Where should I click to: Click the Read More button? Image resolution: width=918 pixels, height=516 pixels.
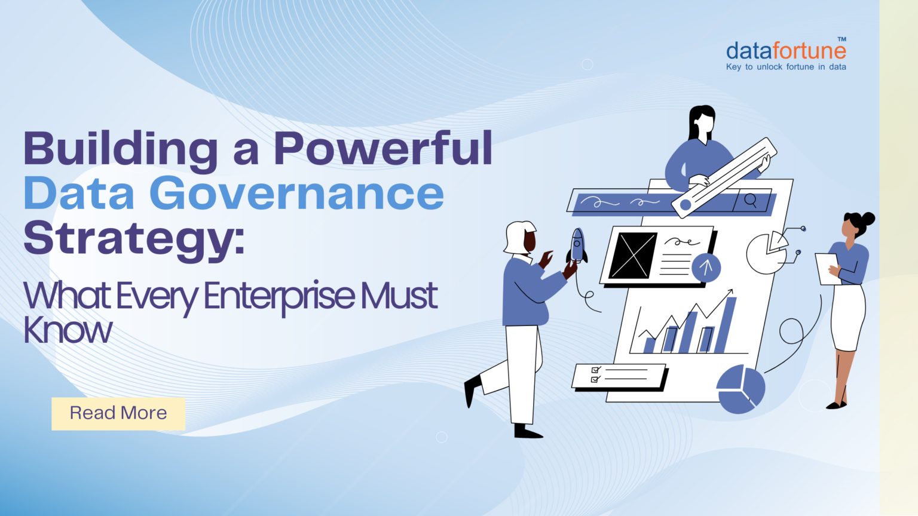click(x=118, y=413)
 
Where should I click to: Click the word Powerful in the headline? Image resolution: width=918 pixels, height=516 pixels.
click(x=382, y=148)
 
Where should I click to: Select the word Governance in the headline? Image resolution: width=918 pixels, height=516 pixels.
click(x=296, y=193)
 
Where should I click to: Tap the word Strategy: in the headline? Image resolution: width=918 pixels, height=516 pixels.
click(x=134, y=239)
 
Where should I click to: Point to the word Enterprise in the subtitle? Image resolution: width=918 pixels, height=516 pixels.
click(x=279, y=296)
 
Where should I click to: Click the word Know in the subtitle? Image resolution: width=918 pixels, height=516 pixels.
click(x=68, y=330)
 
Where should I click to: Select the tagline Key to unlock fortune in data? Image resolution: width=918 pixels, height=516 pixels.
click(x=786, y=67)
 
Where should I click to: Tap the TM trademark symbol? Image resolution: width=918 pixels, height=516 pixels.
click(x=841, y=39)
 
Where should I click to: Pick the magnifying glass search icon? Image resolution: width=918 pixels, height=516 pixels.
click(x=751, y=200)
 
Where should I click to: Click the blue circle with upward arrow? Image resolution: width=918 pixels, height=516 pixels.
click(x=706, y=268)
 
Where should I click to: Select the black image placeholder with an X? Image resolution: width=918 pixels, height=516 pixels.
click(x=633, y=256)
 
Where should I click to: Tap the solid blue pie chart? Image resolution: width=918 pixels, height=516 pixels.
click(x=740, y=389)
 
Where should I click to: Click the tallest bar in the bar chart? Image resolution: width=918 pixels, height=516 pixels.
click(x=725, y=325)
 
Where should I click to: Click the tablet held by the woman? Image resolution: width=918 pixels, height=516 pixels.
click(x=827, y=269)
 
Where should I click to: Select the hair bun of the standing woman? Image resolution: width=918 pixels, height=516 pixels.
click(x=868, y=218)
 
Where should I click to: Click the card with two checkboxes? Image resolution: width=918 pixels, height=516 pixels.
click(x=619, y=376)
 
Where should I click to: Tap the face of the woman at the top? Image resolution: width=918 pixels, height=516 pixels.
click(x=705, y=124)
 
